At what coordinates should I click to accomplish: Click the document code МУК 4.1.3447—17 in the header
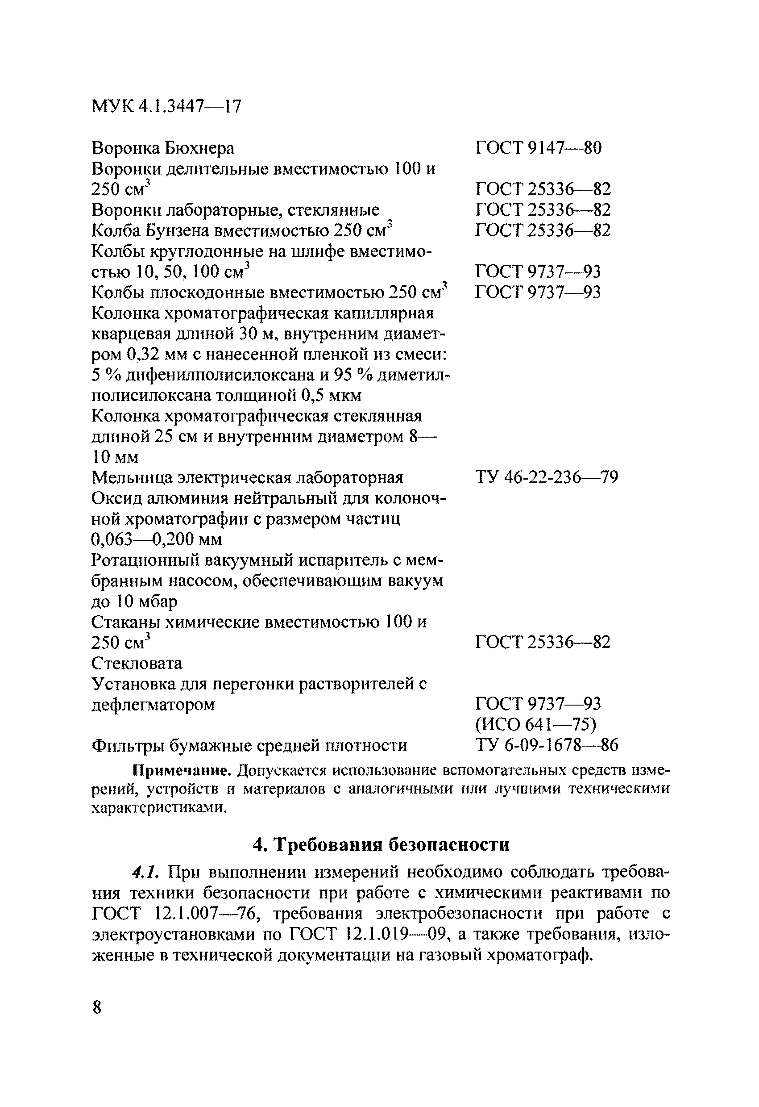coord(166,106)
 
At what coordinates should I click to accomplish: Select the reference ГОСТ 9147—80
coord(538,148)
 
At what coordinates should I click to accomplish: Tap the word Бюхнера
coord(199,149)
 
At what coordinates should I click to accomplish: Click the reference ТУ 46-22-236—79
coord(546,477)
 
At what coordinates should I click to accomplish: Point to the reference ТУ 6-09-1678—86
coord(546,745)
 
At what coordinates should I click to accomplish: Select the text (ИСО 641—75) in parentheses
coord(535,724)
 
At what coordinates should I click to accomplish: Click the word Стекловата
coord(137,663)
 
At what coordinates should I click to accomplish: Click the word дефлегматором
coord(153,705)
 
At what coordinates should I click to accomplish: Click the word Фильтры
coord(124,745)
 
